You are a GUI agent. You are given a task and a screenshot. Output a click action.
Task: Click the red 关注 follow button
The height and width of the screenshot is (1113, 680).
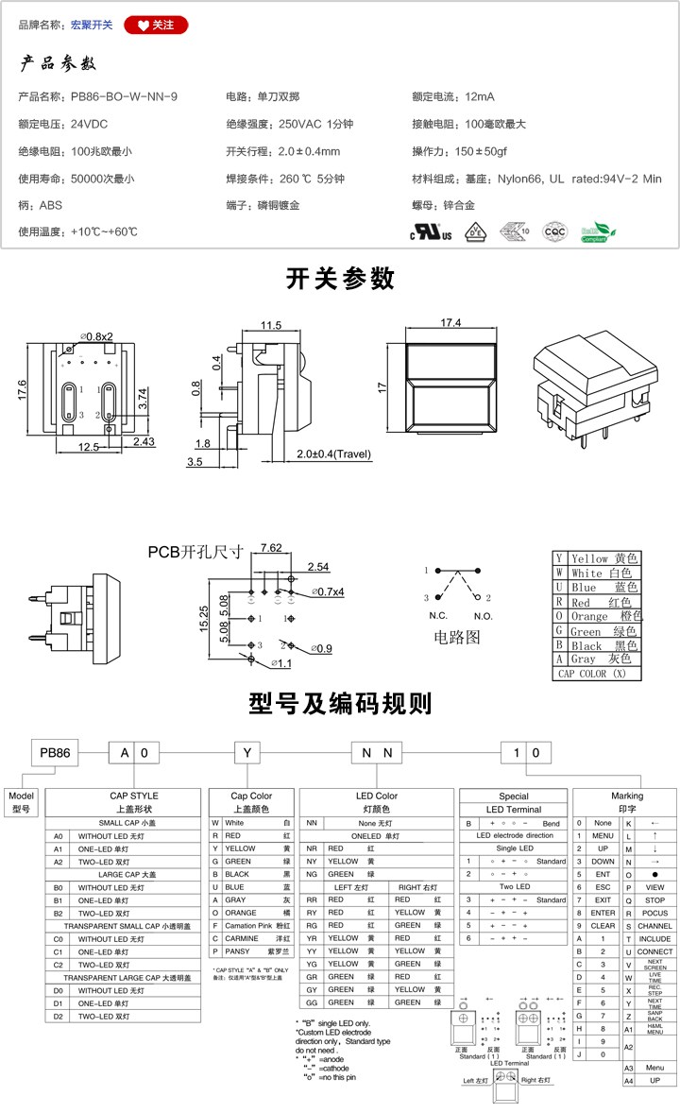coord(156,26)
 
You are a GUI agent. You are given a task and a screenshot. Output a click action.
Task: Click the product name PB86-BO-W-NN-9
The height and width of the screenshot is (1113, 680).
coord(124,96)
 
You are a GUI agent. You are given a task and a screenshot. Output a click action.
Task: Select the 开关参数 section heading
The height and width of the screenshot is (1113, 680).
coord(340,279)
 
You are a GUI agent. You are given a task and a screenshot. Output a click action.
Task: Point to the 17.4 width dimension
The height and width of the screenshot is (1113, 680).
coord(450,323)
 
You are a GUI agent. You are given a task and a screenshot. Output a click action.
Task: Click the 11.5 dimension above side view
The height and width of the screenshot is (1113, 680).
coord(271,325)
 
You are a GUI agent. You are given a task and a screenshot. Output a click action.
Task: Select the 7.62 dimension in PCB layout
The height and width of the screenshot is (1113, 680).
coord(270,548)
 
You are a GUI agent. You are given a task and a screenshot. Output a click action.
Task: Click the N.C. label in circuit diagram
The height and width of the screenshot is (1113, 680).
coord(437,615)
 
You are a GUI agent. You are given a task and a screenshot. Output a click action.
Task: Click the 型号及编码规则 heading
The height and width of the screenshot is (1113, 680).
coord(340,704)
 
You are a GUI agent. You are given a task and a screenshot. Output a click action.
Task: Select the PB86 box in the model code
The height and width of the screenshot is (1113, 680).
coord(55,753)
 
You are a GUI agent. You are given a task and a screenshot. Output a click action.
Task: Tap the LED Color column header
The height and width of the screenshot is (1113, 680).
coord(377,796)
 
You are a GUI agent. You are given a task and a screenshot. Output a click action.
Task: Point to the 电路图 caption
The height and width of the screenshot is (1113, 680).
coord(457,638)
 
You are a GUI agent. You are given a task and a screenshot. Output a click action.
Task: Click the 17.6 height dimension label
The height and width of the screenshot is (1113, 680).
coord(22,388)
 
